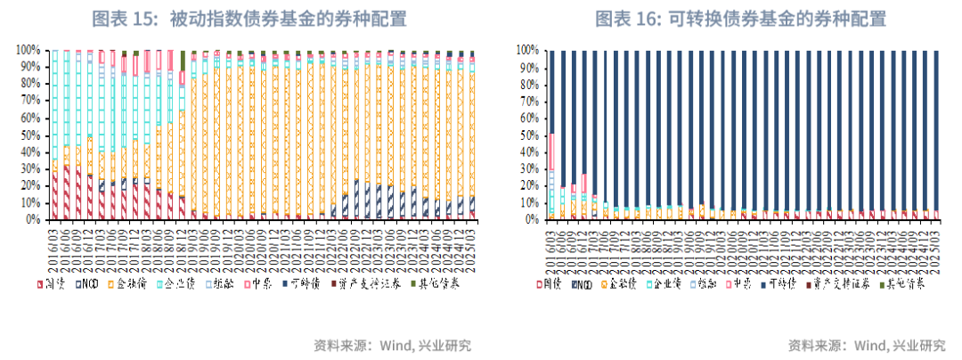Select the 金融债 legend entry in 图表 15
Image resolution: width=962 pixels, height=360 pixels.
coord(128,284)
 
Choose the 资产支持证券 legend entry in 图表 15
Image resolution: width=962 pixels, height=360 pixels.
coord(371,284)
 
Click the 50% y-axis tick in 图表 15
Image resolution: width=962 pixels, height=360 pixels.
coord(28,135)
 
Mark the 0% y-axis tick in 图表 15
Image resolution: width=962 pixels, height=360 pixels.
coord(32,219)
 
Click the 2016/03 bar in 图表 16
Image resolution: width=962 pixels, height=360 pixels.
coord(551,134)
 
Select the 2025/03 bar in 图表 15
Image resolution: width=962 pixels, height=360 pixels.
coord(472,134)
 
